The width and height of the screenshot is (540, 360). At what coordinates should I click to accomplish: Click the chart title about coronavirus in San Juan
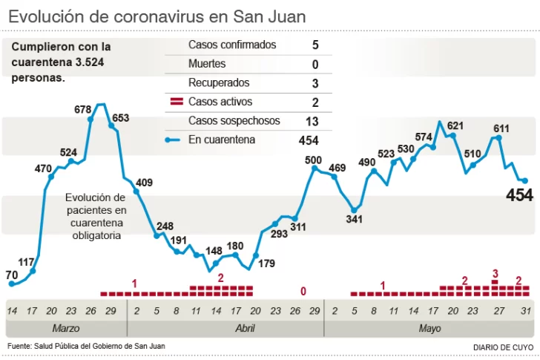(157, 16)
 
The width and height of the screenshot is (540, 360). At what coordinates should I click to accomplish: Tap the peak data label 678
(83, 110)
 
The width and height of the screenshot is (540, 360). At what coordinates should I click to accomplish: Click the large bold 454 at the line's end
(519, 195)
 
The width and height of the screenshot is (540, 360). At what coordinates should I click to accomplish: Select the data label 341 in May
(355, 219)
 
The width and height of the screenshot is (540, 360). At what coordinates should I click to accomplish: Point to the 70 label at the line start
(11, 275)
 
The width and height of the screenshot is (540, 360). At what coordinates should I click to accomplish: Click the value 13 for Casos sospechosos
(312, 121)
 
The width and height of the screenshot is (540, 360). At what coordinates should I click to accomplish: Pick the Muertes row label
(207, 65)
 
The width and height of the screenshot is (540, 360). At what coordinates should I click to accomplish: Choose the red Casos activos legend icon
(177, 102)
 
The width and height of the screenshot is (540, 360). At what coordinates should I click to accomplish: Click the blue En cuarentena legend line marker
(175, 140)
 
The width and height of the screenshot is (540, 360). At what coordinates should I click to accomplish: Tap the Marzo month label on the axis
(65, 328)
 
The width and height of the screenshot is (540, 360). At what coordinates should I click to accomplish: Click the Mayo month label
(429, 328)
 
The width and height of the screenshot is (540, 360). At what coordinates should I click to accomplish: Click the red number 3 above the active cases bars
(495, 274)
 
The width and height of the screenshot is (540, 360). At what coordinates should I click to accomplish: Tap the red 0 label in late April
(303, 291)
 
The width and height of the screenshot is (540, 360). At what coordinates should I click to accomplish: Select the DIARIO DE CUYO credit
(502, 347)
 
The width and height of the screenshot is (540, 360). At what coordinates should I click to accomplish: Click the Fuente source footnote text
(86, 346)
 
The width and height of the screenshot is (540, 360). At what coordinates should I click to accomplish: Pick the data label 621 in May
(455, 125)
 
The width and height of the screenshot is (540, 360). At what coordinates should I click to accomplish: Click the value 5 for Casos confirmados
(315, 45)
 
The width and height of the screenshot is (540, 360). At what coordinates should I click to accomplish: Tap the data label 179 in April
(266, 262)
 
